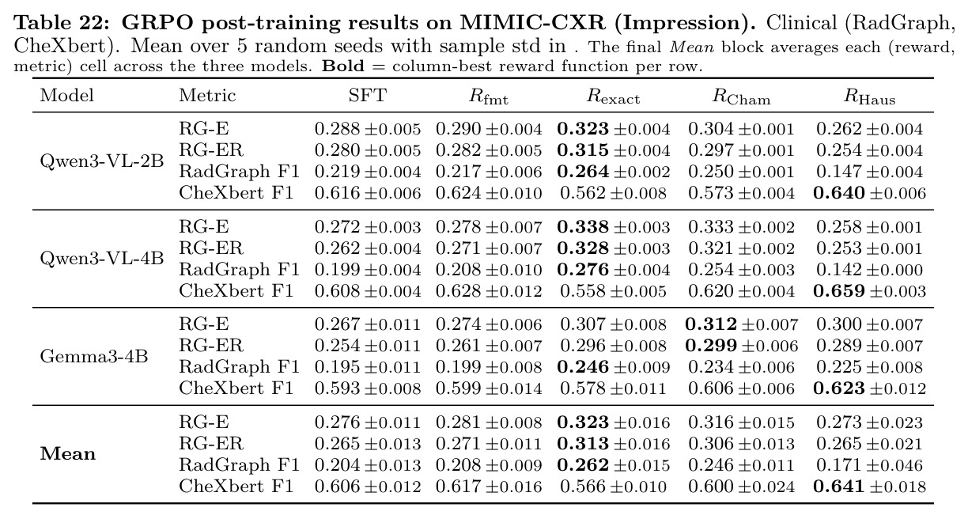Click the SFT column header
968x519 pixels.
(367, 95)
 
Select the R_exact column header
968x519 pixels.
(613, 97)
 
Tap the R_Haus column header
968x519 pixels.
(869, 97)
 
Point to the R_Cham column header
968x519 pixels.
(741, 97)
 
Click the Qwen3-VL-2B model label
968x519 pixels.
(102, 161)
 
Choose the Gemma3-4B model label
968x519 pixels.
(94, 357)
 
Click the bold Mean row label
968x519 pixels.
(68, 454)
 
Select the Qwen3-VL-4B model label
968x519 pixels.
(102, 259)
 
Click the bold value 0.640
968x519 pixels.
(839, 193)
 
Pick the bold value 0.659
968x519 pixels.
(839, 291)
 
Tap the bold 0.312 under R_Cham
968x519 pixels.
(711, 324)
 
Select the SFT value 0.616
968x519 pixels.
(337, 193)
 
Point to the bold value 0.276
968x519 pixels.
(583, 270)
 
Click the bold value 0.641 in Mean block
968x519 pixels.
(839, 487)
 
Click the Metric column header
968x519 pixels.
(207, 95)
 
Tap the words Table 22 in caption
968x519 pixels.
(62, 22)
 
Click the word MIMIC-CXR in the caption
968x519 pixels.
(532, 22)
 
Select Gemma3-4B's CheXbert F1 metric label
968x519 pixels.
(236, 388)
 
